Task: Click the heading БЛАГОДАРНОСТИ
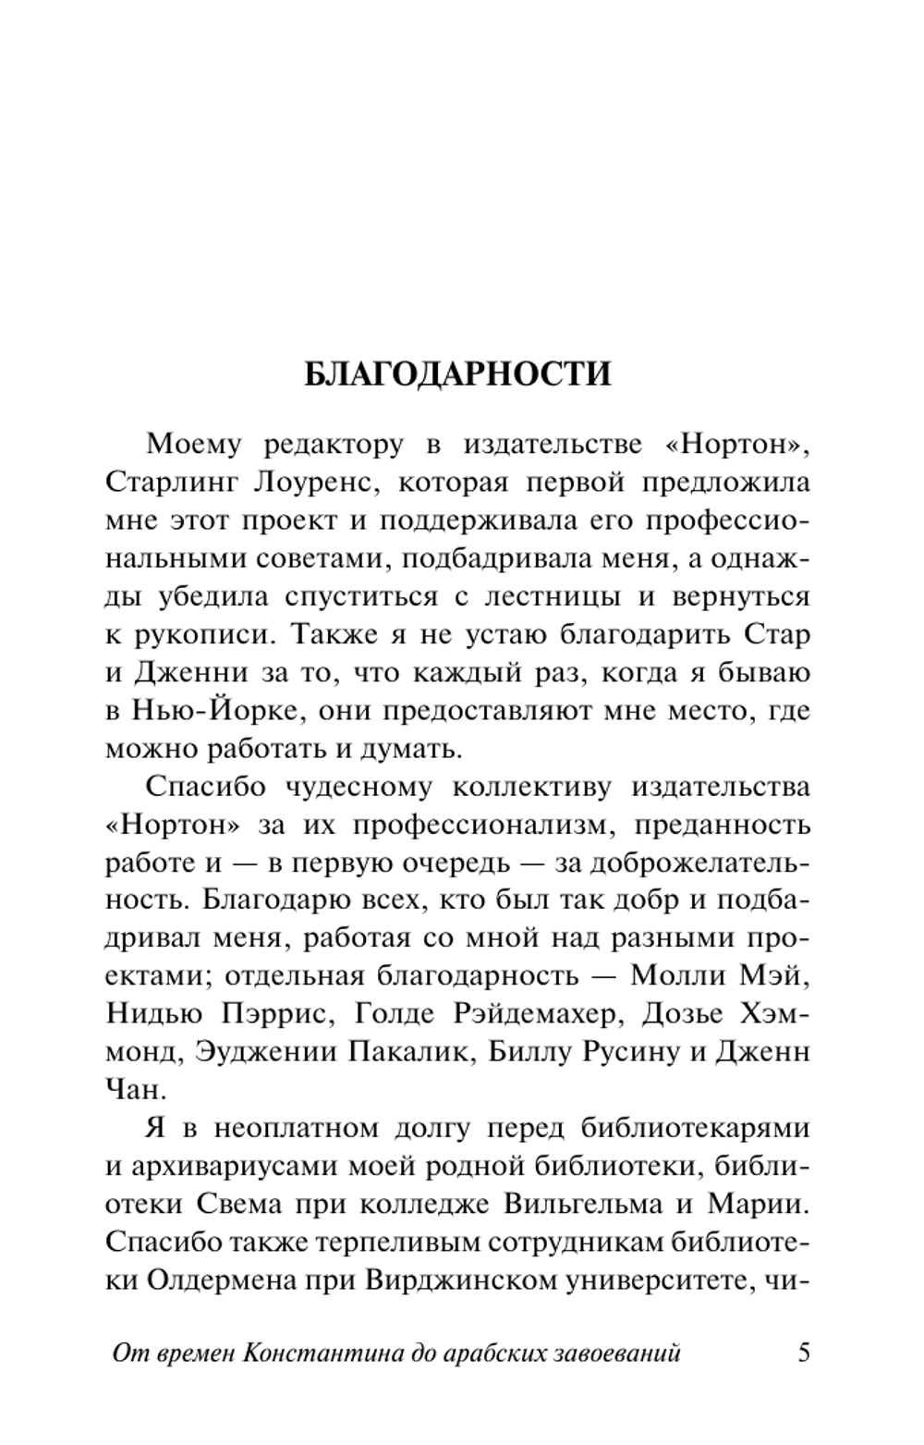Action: [x=457, y=374]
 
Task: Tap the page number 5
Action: [x=803, y=1353]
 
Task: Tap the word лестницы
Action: [x=552, y=596]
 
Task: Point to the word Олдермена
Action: [x=213, y=1280]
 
